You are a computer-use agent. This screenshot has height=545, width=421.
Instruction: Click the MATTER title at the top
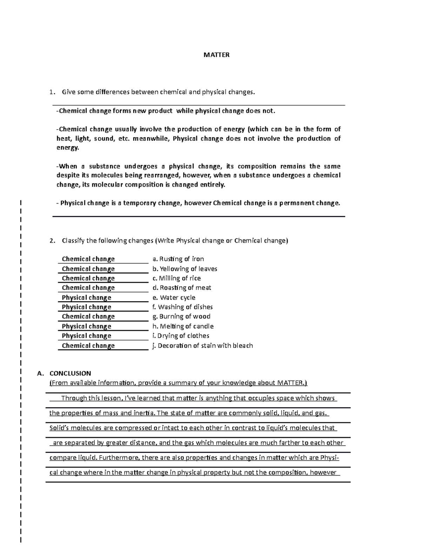[216, 55]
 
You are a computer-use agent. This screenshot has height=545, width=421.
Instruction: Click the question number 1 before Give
[52, 92]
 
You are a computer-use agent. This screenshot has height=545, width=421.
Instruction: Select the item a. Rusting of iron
[178, 259]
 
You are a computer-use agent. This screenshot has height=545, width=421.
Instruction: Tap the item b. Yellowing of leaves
[185, 269]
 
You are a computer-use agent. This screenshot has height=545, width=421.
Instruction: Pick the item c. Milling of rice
[176, 278]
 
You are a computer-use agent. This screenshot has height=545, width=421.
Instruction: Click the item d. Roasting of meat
[182, 288]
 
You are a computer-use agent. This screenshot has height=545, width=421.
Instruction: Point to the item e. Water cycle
[174, 298]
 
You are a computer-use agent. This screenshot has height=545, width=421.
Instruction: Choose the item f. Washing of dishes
[182, 307]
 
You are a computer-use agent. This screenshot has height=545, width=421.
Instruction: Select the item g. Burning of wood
[181, 317]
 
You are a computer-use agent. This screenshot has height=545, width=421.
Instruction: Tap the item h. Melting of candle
[183, 326]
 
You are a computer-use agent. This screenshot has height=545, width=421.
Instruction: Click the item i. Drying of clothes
[181, 336]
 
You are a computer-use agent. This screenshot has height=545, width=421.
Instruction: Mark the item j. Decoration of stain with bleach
[202, 346]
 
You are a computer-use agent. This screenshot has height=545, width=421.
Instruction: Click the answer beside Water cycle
[86, 298]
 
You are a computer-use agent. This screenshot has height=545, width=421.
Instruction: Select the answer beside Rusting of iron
[88, 259]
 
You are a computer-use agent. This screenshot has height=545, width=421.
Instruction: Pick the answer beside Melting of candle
[86, 326]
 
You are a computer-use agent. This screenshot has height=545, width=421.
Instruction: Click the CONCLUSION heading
[70, 373]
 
